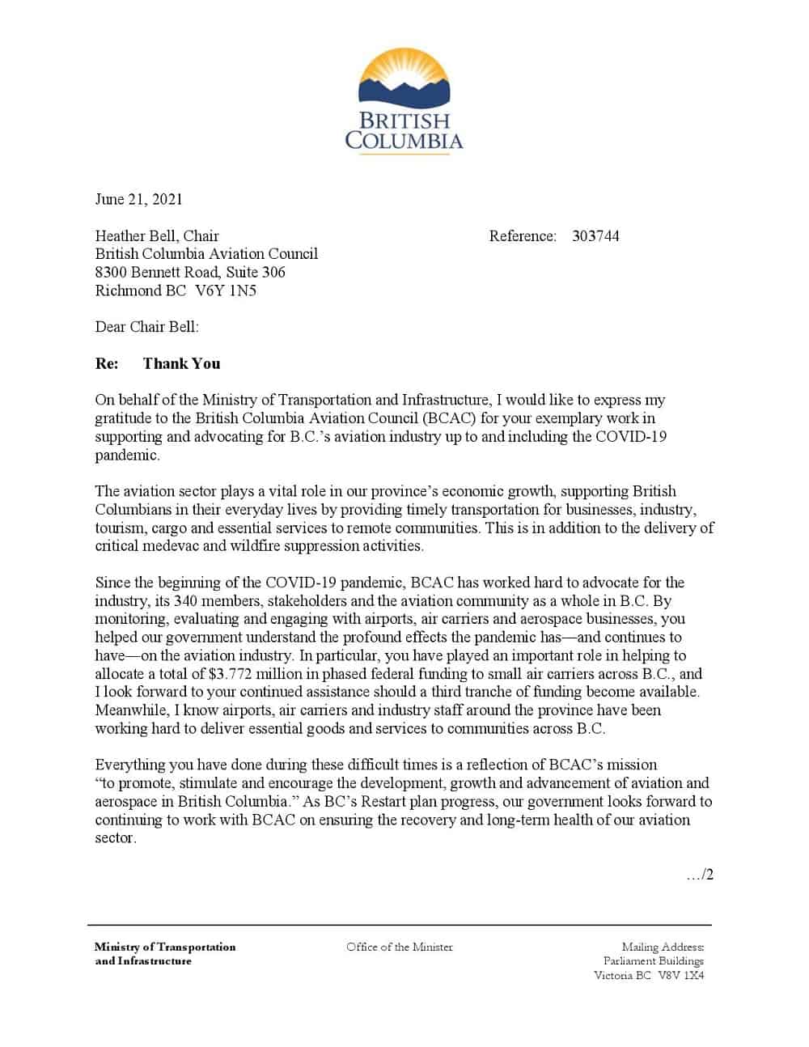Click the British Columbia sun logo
(x=404, y=78)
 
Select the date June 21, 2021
(x=139, y=199)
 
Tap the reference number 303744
(x=595, y=236)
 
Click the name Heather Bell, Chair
(x=157, y=236)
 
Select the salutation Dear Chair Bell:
(x=146, y=327)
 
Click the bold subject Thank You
(x=181, y=364)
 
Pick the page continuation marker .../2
(x=700, y=875)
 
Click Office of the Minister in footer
(x=400, y=947)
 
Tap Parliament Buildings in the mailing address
(x=654, y=961)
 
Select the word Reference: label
(x=523, y=236)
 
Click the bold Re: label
(x=107, y=364)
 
